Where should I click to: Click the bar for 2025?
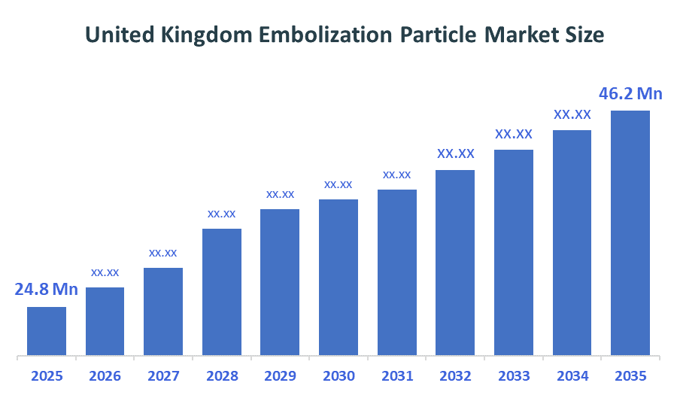47,331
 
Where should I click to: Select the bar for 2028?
222,292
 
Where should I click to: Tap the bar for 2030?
338,277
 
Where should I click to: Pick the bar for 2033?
514,252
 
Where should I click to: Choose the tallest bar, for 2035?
630,233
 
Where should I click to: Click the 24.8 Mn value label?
47,290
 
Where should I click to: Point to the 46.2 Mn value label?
630,94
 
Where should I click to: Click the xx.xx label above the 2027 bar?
163,253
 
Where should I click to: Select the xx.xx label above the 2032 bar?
456,153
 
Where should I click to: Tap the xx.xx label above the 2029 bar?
280,194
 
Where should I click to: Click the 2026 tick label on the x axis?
105,375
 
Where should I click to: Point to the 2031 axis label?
397,375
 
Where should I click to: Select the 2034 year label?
572,375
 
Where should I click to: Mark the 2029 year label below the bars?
280,375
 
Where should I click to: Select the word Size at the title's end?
585,35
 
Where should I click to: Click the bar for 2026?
105,321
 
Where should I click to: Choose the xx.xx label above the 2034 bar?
572,115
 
